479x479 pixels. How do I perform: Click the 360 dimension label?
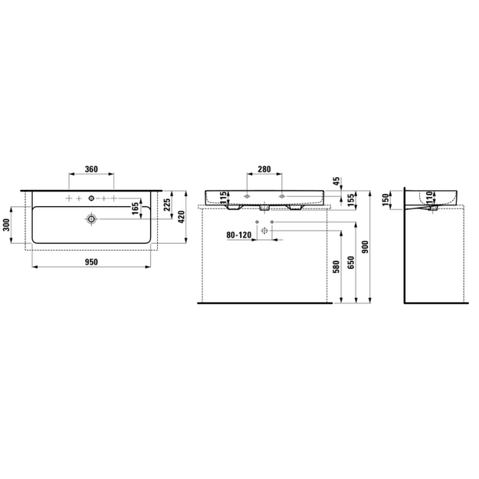point(91,169)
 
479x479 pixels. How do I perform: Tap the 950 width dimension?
point(91,262)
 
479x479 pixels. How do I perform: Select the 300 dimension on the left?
point(7,225)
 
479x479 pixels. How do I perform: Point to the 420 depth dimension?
point(182,217)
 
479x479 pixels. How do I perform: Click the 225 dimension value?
point(167,205)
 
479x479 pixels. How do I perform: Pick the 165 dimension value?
point(135,208)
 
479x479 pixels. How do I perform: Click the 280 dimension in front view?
point(264,169)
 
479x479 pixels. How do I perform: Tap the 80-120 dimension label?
point(239,235)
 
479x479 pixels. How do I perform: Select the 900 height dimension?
point(366,247)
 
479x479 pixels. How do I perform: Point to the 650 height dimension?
point(351,262)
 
